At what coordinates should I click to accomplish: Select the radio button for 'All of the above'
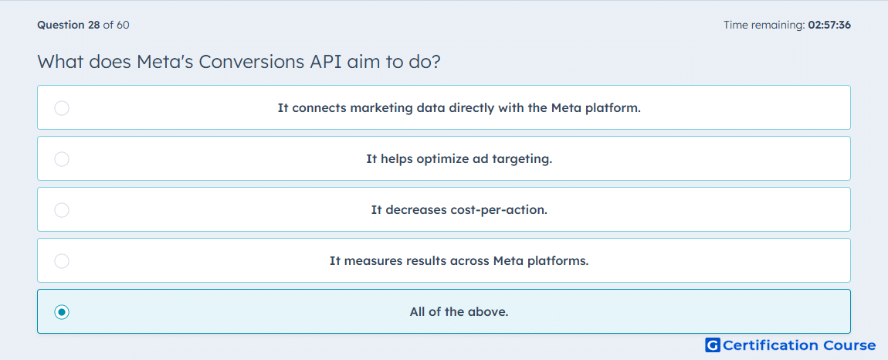(62, 312)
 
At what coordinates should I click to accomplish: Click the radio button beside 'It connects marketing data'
(62, 107)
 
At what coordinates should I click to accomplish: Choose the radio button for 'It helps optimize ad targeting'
(62, 158)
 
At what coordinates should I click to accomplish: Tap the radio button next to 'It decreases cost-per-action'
(62, 210)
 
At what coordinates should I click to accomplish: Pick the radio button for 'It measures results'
(62, 261)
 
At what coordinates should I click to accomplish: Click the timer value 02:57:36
(829, 25)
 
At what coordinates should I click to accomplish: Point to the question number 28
(94, 25)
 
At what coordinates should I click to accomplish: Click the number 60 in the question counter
(123, 25)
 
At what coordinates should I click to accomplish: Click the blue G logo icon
(713, 345)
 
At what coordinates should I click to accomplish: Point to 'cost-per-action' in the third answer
(498, 210)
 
